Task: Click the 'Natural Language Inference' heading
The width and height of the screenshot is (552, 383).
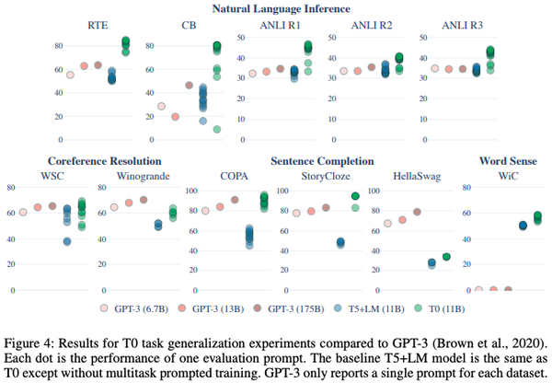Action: click(x=275, y=8)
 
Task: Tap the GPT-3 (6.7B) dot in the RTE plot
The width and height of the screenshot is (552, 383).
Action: click(x=70, y=75)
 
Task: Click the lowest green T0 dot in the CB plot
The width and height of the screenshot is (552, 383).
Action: click(x=216, y=129)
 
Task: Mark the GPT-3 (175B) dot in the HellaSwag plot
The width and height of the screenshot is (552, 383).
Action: click(x=417, y=212)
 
